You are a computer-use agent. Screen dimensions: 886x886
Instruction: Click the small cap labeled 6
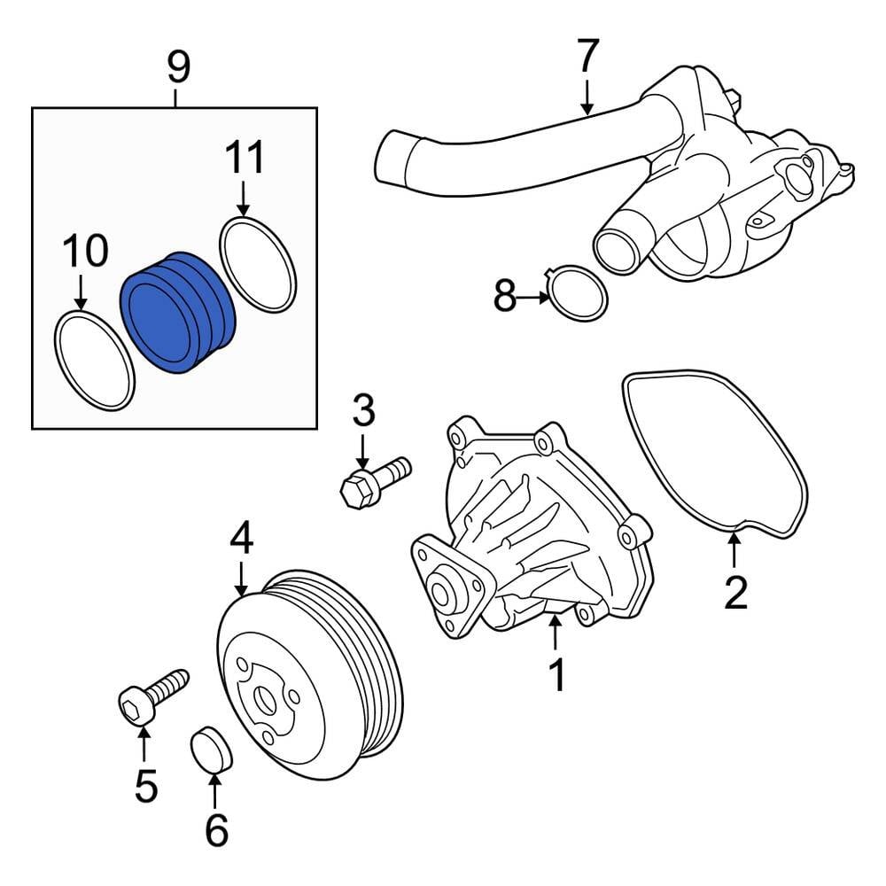point(211,749)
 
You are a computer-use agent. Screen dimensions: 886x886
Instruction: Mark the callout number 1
point(556,675)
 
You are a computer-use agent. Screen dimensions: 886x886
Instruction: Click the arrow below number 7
point(587,97)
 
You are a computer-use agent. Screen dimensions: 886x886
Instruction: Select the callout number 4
point(241,538)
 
